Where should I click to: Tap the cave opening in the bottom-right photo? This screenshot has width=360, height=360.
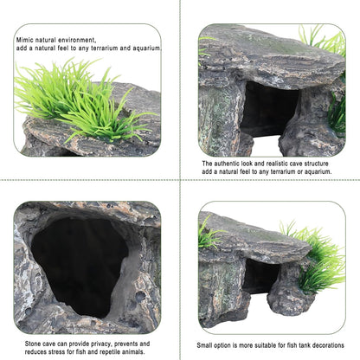260,277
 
